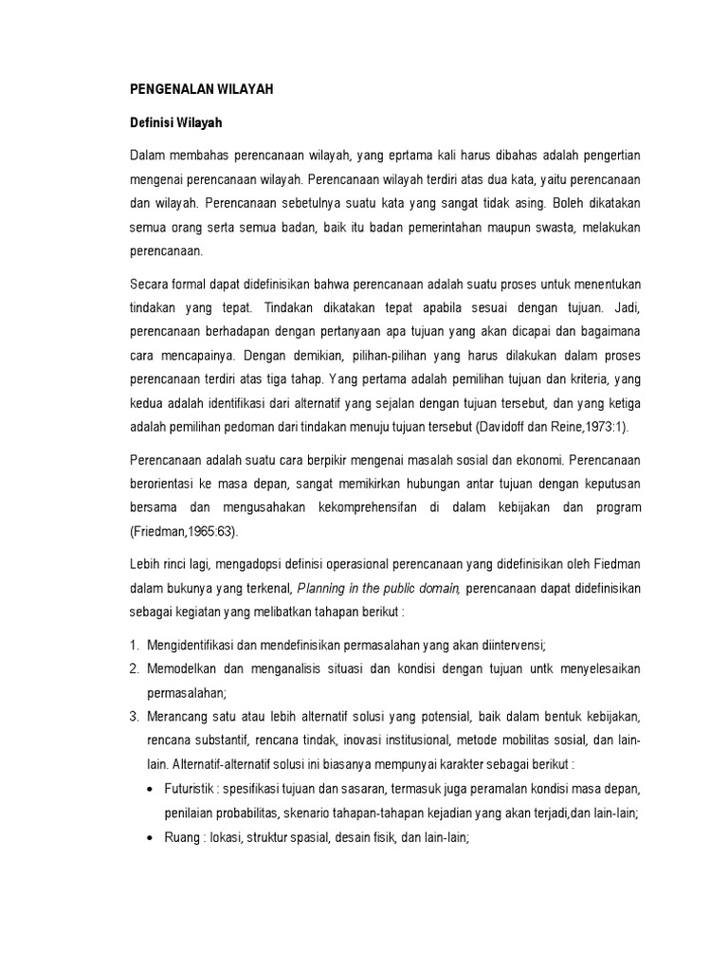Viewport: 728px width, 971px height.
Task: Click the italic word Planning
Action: coord(323,590)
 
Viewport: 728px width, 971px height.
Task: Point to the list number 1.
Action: coord(135,646)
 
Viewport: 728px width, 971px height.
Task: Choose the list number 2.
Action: coord(135,669)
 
